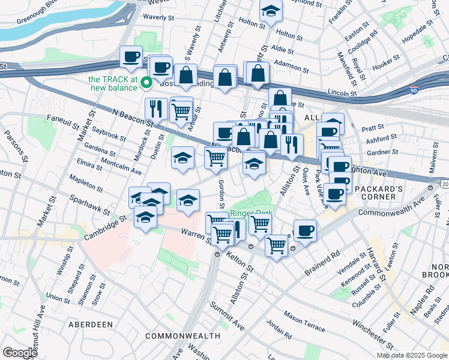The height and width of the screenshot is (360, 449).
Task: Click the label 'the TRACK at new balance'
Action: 113,83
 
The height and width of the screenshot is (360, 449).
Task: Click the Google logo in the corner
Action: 20,353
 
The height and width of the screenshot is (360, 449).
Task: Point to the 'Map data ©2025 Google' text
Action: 412,355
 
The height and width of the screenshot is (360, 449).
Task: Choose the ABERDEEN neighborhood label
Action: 91,324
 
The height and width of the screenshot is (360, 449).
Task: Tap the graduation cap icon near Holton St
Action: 271,11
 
